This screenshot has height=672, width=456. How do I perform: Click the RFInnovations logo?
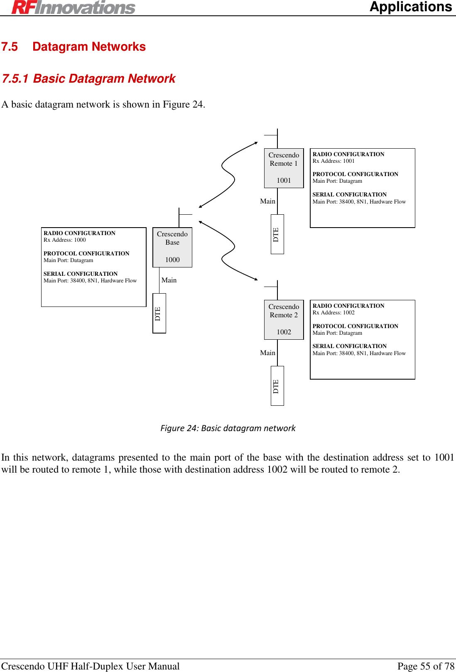tap(74, 7)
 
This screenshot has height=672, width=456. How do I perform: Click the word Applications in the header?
tap(410, 7)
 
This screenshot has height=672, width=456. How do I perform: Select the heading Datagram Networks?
tap(89, 47)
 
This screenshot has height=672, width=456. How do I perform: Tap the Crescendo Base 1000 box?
tap(172, 247)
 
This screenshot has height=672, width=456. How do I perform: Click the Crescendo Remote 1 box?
tap(284, 168)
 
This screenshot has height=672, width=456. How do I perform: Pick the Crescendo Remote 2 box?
tap(284, 319)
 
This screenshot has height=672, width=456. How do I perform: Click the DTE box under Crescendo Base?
tap(159, 313)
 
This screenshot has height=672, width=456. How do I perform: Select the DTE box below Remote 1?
tap(277, 234)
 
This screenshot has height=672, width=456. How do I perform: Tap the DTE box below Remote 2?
tap(277, 386)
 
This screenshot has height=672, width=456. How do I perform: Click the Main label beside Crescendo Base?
tap(169, 280)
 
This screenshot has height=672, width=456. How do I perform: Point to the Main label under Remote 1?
tap(267, 201)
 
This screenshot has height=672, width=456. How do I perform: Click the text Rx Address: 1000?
tap(65, 240)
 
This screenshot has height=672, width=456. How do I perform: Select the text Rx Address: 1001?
tap(333, 161)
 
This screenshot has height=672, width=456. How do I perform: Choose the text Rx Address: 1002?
tap(333, 313)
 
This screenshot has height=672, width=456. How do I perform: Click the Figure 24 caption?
tap(228, 428)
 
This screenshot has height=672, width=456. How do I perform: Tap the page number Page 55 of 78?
tap(426, 666)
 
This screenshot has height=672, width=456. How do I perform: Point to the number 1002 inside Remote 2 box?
tap(284, 332)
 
